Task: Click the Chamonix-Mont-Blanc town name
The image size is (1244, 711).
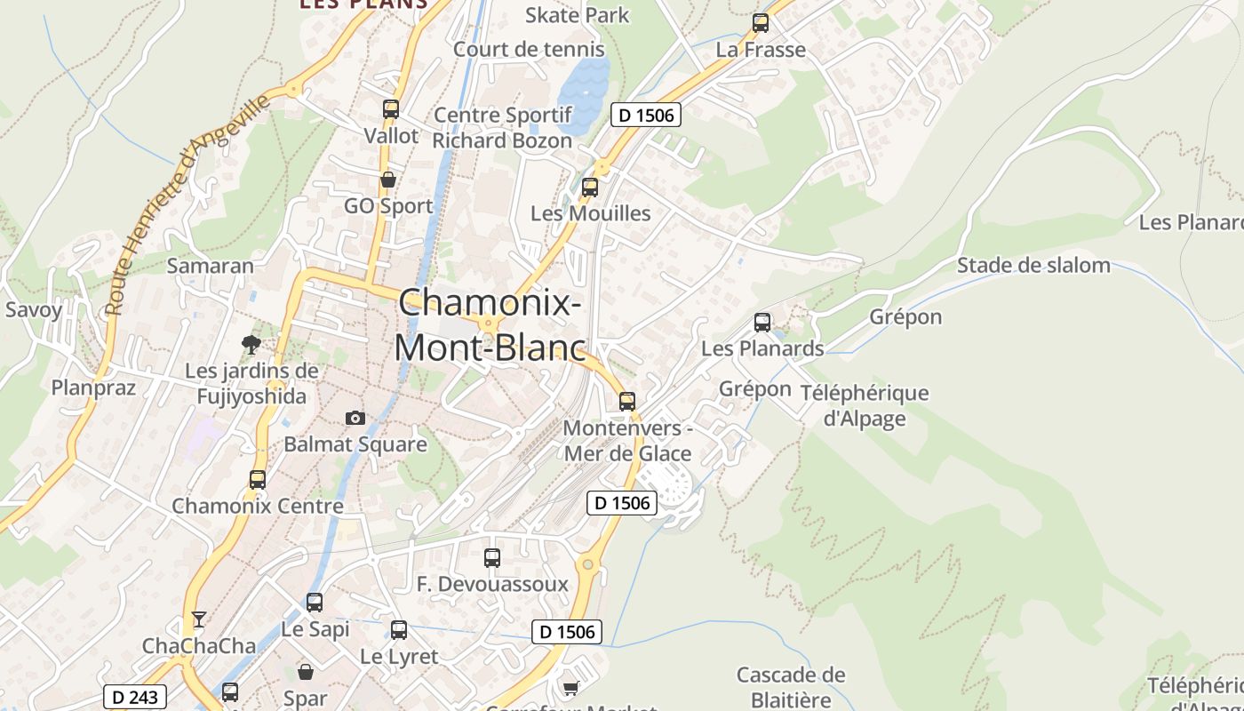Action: pyautogui.click(x=490, y=324)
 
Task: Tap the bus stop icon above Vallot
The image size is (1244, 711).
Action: pyautogui.click(x=390, y=109)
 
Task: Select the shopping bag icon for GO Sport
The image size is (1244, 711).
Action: pyautogui.click(x=387, y=180)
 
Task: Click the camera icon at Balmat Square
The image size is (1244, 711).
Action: pyautogui.click(x=355, y=418)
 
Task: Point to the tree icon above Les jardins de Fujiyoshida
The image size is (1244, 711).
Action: pyautogui.click(x=251, y=344)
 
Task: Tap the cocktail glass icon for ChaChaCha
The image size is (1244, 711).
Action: pyautogui.click(x=198, y=619)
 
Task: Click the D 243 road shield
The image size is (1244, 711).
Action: pyautogui.click(x=136, y=697)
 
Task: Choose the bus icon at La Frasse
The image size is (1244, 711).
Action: pyautogui.click(x=761, y=23)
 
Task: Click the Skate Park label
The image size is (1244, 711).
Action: pyautogui.click(x=577, y=15)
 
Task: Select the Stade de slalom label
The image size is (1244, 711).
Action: pyautogui.click(x=1033, y=265)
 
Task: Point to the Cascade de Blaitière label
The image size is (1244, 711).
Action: pyautogui.click(x=790, y=686)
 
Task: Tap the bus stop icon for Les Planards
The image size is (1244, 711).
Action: pyautogui.click(x=762, y=323)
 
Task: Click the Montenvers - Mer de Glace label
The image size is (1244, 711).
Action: pyautogui.click(x=627, y=441)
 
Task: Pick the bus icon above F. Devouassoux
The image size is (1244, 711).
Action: pyautogui.click(x=492, y=558)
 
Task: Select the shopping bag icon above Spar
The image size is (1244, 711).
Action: pyautogui.click(x=306, y=672)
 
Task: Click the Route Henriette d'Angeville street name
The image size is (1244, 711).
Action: pyautogui.click(x=187, y=204)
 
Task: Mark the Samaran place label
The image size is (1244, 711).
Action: pyautogui.click(x=211, y=266)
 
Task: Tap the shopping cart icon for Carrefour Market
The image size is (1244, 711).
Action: pyautogui.click(x=570, y=688)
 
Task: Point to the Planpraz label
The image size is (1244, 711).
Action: pyautogui.click(x=93, y=387)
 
